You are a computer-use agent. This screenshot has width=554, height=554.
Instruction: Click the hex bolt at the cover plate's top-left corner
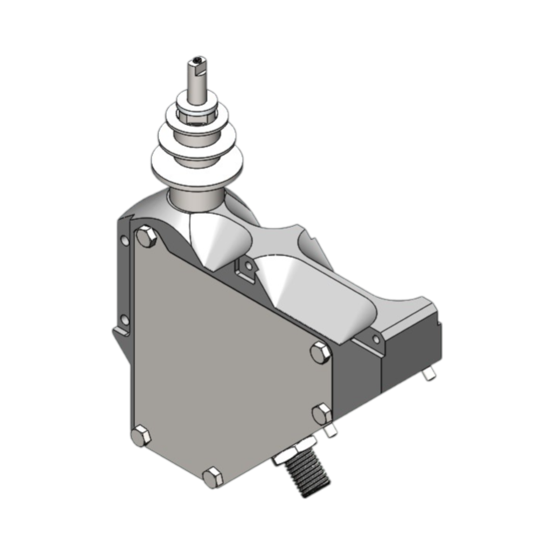pyautogui.click(x=146, y=237)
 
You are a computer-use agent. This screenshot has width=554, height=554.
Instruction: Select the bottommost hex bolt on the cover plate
pyautogui.click(x=212, y=478)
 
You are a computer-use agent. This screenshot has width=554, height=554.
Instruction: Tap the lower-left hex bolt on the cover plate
pyautogui.click(x=141, y=436)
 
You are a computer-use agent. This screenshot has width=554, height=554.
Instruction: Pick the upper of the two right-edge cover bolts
pyautogui.click(x=320, y=353)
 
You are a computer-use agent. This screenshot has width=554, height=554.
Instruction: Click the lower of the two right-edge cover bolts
pyautogui.click(x=322, y=414)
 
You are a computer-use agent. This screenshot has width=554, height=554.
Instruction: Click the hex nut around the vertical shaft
pyautogui.click(x=196, y=115)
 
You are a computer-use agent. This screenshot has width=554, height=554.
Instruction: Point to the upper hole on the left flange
pyautogui.click(x=125, y=240)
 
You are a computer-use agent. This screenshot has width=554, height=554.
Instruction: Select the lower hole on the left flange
pyautogui.click(x=125, y=320)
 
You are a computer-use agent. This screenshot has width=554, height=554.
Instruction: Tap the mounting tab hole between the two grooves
pyautogui.click(x=247, y=266)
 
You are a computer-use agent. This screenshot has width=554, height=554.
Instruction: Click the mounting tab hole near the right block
pyautogui.click(x=376, y=340)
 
